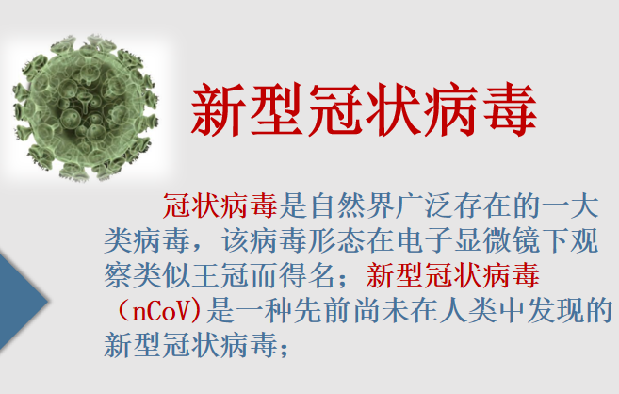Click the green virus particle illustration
[84, 107]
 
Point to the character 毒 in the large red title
[510, 110]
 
